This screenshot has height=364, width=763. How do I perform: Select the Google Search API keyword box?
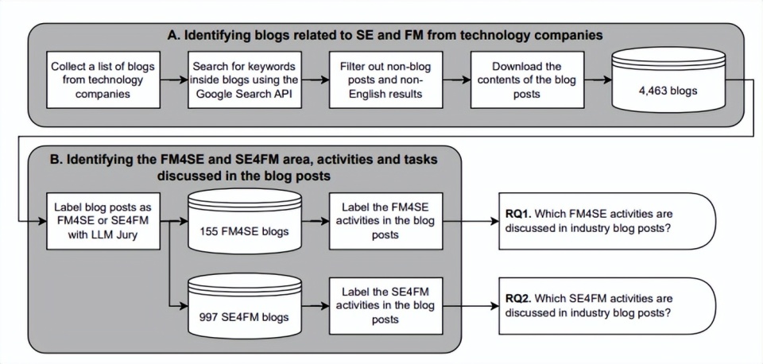click(x=244, y=79)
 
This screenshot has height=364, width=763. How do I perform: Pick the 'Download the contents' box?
click(x=526, y=79)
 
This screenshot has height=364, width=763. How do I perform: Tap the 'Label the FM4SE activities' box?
click(x=385, y=220)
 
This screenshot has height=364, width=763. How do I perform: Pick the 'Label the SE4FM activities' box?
click(x=385, y=304)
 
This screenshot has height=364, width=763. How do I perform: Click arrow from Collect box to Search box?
click(x=173, y=79)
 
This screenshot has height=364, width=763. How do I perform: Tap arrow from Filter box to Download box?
click(x=455, y=79)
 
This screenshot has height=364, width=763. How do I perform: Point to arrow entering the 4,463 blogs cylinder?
click(x=597, y=79)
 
